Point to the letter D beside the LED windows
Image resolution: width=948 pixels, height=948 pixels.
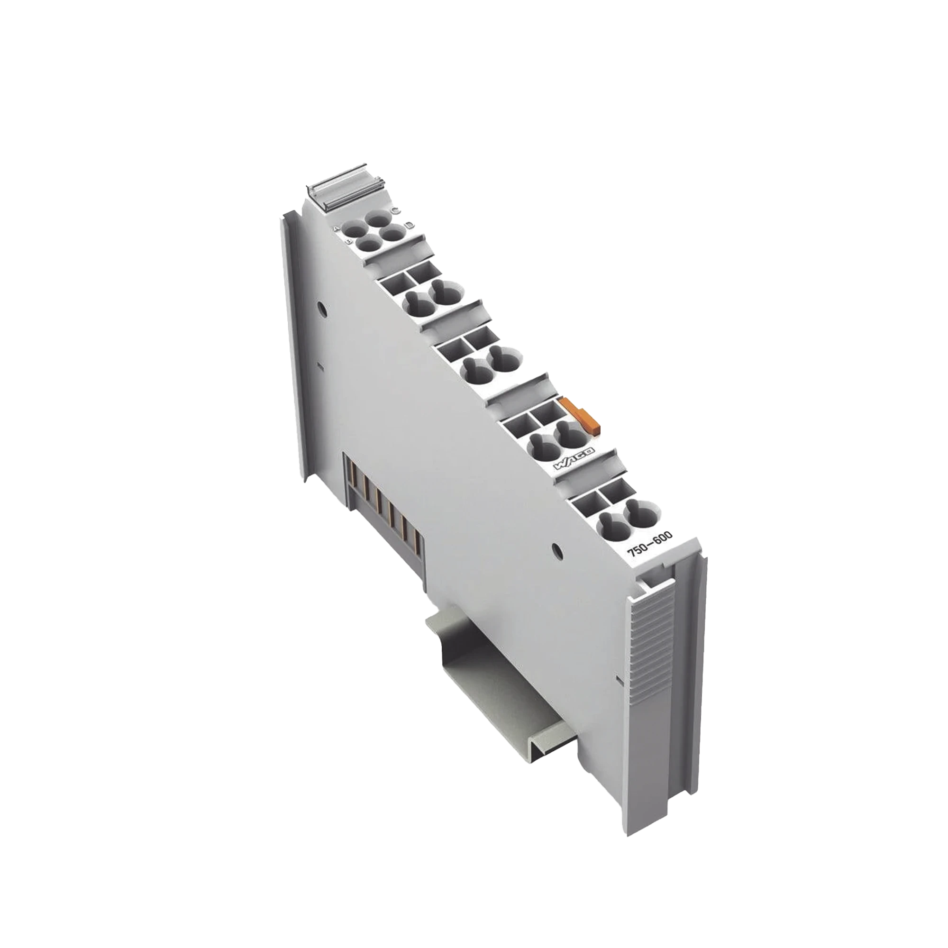[409, 225]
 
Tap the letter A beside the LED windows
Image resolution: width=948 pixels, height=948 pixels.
[336, 229]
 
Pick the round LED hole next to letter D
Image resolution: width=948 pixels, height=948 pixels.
[391, 233]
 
